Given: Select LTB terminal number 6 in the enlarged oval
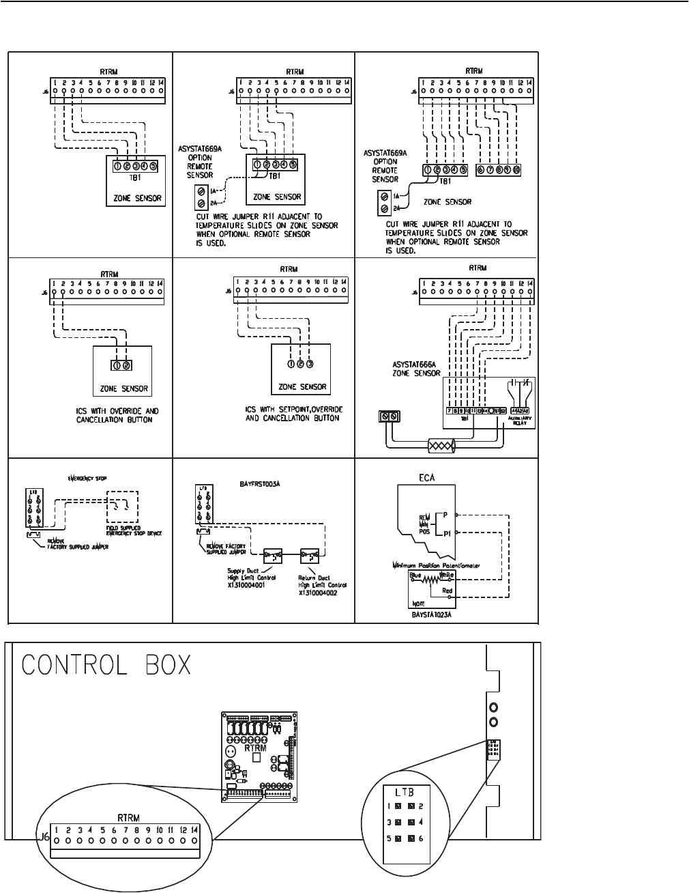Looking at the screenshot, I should tap(424, 838).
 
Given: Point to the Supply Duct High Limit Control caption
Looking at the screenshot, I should tap(248, 582).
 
